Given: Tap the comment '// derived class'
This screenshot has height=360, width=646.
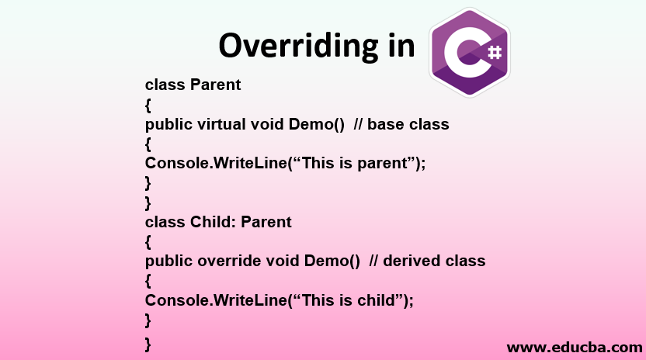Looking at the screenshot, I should [429, 261].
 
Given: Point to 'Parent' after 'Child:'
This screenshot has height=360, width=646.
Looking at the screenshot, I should [266, 222].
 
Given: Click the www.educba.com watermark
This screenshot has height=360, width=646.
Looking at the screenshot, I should [574, 347].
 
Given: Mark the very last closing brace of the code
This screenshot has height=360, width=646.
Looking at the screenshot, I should [148, 343].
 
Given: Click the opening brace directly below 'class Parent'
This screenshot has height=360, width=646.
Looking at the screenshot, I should [148, 105].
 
